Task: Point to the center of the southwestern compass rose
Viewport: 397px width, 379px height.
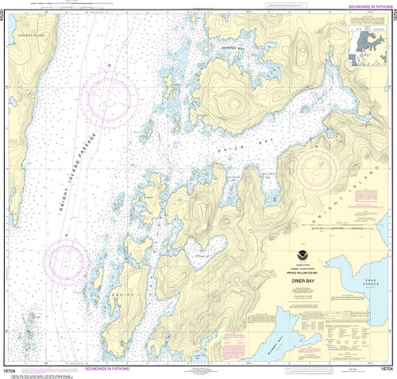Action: coord(66,261)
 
